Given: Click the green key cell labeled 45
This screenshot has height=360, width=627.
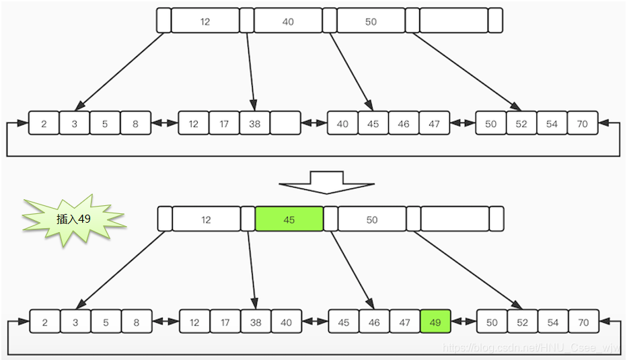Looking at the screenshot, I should pos(289,219).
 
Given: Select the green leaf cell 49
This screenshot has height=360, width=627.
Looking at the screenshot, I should pos(435,322).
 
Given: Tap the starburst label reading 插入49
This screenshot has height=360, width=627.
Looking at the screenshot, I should pos(73,219).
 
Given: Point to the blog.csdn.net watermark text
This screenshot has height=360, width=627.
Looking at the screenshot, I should pos(531,347).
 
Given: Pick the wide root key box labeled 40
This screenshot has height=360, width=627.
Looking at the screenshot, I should pos(288,21).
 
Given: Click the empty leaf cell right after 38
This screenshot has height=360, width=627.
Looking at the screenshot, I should pos(285,124).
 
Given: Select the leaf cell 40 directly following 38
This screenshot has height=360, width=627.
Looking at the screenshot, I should pos(286,322).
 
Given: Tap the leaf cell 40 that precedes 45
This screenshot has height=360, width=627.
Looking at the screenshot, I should pos(342,124).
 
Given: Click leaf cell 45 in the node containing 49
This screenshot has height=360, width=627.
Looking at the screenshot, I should pos(344,322).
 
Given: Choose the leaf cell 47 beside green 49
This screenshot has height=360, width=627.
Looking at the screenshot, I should pos(405,322).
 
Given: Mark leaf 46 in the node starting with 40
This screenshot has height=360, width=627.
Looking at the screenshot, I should pos(404,124).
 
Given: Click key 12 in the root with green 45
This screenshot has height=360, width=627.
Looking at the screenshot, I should pos(206,219).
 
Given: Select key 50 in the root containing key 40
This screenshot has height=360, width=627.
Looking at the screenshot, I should pos(371,21).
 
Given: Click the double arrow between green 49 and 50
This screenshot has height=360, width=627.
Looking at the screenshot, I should pos(464,322).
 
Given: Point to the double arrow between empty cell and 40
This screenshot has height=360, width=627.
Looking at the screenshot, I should pos(313,124).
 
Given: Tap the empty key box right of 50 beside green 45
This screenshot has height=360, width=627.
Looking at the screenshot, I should pos(455,219).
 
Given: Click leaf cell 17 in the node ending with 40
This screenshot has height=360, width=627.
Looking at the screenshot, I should pos(225,322).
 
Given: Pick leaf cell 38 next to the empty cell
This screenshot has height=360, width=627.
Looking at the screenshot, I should pos(254,124).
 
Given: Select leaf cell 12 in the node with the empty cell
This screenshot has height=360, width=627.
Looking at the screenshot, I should pos(193,124).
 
